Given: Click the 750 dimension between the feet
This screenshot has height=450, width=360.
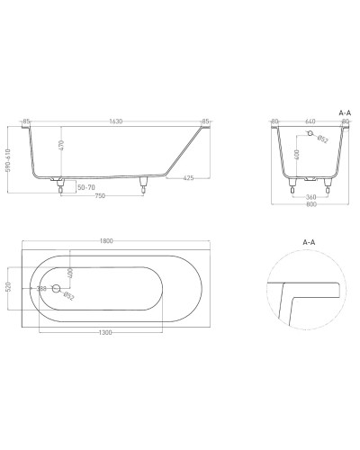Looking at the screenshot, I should click(x=102, y=198).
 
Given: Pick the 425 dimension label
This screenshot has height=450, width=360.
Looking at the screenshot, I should click(x=190, y=177).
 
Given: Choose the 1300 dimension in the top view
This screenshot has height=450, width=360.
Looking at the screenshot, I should click(x=104, y=333).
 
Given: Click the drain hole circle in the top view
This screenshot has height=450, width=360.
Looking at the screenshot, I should click(x=57, y=289).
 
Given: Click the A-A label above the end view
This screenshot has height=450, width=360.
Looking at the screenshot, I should click(x=344, y=111).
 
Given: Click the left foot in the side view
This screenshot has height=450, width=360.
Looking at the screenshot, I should click(x=59, y=186).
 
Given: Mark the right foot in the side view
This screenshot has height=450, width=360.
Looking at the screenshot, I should click(x=144, y=186).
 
